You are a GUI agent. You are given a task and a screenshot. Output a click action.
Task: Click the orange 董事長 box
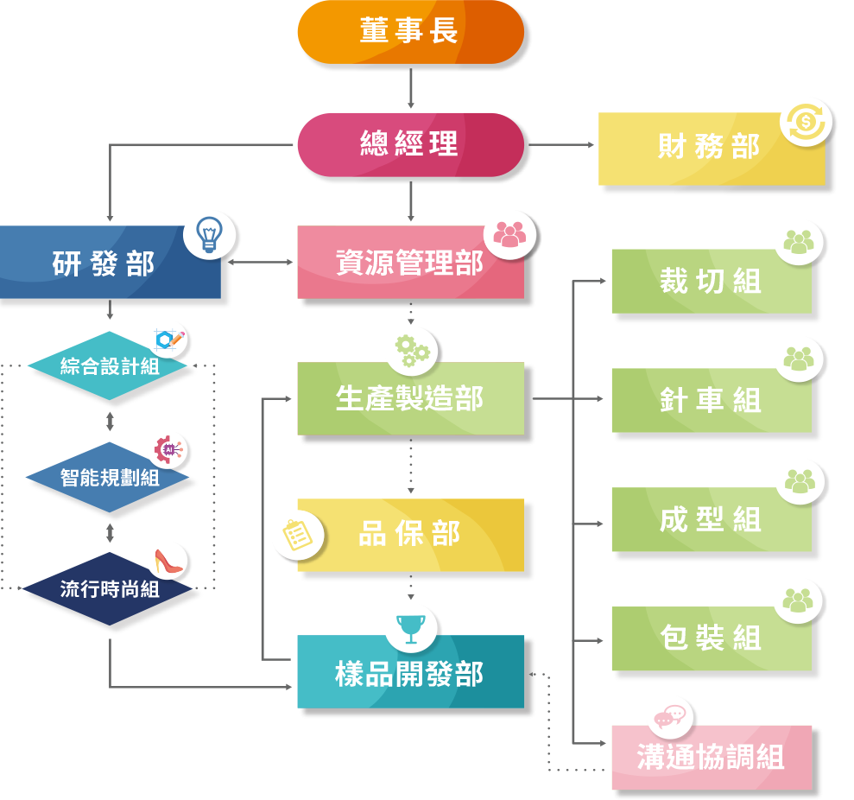(x=410, y=32)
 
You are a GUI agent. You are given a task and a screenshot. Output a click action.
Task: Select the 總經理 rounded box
(x=410, y=144)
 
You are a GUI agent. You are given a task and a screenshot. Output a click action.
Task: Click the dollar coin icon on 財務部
(x=806, y=123)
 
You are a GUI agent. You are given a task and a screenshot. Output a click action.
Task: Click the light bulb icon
(x=209, y=235)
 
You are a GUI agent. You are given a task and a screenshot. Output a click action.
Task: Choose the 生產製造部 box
(x=410, y=399)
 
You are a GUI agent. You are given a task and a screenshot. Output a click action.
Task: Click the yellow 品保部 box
(x=410, y=535)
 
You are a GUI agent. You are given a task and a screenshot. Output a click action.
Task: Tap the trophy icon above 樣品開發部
(x=410, y=628)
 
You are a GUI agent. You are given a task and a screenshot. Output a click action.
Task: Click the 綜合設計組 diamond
(x=108, y=366)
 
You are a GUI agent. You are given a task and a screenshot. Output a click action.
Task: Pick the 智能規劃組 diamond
(x=108, y=477)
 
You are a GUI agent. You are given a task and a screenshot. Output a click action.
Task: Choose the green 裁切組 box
(x=711, y=282)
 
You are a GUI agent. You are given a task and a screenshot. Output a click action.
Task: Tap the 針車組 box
(x=711, y=401)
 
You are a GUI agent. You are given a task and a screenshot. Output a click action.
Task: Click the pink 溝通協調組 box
(x=711, y=758)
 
